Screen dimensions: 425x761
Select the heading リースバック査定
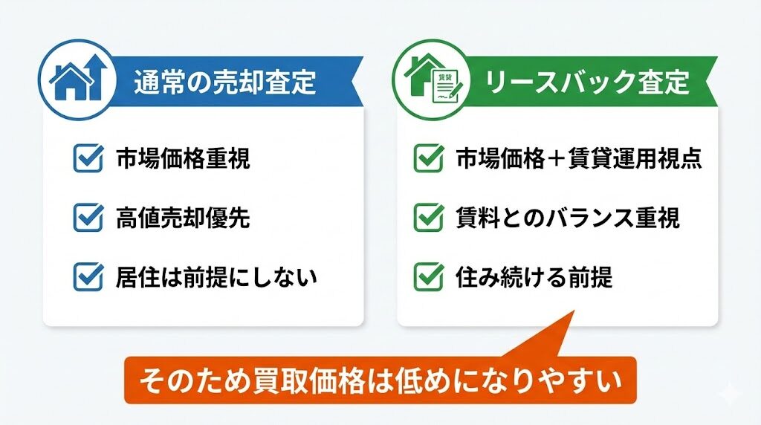(587, 82)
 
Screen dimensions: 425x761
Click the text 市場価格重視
(183, 159)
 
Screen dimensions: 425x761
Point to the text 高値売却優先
(183, 218)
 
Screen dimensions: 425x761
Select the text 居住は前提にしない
(216, 277)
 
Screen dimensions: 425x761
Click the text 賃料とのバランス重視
(567, 218)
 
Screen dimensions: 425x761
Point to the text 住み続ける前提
(534, 277)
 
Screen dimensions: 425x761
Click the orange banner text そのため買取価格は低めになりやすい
(380, 380)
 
